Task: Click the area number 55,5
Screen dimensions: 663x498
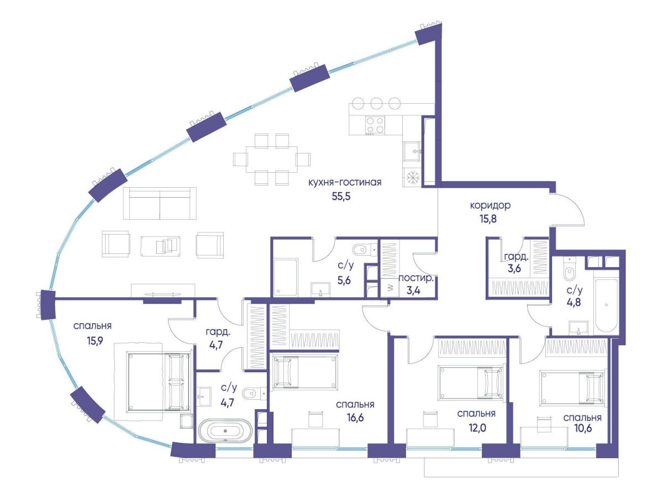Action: pyautogui.click(x=341, y=197)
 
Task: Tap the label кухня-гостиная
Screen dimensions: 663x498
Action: pyautogui.click(x=345, y=182)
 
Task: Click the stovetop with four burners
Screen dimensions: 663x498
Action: pyautogui.click(x=375, y=125)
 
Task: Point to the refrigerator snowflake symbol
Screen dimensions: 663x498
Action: pyautogui.click(x=412, y=177)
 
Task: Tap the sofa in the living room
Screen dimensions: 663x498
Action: pyautogui.click(x=160, y=203)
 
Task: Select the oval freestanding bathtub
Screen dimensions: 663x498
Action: pyautogui.click(x=225, y=431)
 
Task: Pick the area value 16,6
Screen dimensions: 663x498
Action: pyautogui.click(x=355, y=418)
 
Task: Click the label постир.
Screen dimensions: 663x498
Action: pyautogui.click(x=416, y=278)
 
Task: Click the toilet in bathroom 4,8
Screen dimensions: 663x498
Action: pyautogui.click(x=570, y=269)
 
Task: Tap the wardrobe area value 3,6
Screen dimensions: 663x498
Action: pyautogui.click(x=514, y=268)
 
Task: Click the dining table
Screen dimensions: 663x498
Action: pyautogui.click(x=272, y=160)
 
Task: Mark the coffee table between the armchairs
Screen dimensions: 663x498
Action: pyautogui.click(x=161, y=246)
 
